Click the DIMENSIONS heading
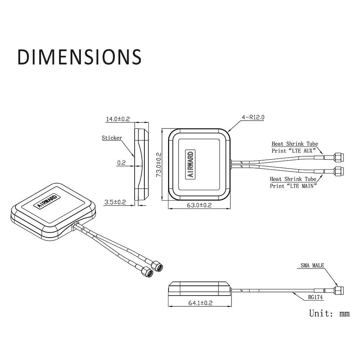point(80,57)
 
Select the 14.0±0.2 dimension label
point(118,119)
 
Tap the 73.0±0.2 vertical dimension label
point(159,165)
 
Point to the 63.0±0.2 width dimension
point(199,205)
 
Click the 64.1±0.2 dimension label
point(201,303)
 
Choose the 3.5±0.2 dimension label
point(115,202)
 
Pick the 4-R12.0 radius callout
point(253,117)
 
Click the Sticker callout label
point(112,138)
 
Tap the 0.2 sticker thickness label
point(121,163)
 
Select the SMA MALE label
point(312,265)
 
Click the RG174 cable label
point(315,297)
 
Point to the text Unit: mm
point(329,313)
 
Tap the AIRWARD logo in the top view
point(190,165)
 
